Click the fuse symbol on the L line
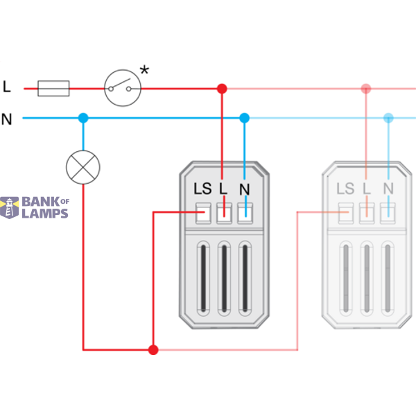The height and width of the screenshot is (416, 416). [53, 88]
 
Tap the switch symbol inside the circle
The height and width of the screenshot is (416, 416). [120, 85]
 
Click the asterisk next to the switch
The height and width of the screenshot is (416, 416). [144, 70]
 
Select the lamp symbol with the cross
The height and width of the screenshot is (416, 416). [83, 167]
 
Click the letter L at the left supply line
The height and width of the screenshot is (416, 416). [7, 87]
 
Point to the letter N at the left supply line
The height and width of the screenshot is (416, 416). [7, 119]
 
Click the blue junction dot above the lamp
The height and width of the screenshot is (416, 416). [83, 118]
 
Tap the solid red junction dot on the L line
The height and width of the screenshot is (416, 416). [222, 89]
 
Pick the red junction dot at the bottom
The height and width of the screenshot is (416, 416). [153, 349]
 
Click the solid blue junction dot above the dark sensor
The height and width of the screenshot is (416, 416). [244, 118]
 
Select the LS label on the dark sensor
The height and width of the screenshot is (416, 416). [202, 189]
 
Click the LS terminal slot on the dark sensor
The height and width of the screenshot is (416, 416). [203, 214]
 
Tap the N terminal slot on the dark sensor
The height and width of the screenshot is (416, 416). [245, 214]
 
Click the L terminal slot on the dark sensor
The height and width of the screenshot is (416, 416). [224, 214]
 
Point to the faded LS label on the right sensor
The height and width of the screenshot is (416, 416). [345, 189]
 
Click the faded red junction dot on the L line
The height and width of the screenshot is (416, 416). [366, 89]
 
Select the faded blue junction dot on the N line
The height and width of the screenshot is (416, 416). [388, 118]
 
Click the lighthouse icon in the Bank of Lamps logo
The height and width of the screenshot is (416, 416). [9, 207]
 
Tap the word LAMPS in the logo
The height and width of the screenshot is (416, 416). [45, 214]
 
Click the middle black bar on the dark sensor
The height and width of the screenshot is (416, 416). [224, 278]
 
